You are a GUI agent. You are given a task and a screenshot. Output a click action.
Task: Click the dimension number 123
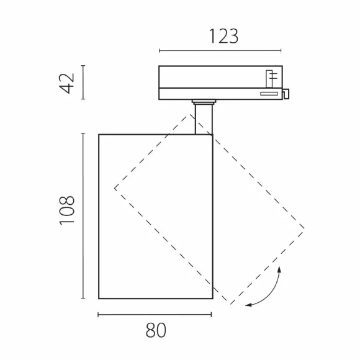(224, 36)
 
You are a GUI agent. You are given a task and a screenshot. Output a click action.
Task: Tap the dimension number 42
(67, 83)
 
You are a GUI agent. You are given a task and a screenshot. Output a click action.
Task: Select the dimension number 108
(67, 210)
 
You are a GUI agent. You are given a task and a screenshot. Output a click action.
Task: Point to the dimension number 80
(156, 330)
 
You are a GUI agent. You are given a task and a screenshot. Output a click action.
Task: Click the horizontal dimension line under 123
(220, 50)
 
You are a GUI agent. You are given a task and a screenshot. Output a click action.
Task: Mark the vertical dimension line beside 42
(83, 82)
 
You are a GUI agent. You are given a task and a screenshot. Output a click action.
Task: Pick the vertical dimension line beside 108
(83, 215)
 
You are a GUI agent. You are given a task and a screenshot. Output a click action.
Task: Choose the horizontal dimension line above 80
(155, 315)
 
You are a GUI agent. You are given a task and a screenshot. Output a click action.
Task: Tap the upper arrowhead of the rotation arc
(279, 269)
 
